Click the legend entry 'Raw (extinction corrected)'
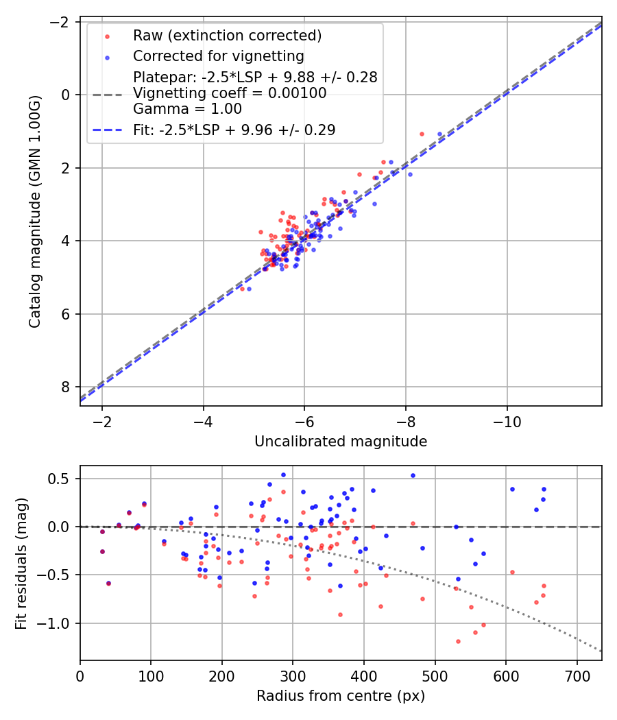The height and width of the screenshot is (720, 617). (227, 36)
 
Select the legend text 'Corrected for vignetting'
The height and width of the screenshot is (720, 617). (219, 56)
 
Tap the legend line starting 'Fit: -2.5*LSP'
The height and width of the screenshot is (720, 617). (234, 130)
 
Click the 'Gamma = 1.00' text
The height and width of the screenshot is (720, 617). (187, 109)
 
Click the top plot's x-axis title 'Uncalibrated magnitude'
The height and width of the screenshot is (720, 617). (341, 442)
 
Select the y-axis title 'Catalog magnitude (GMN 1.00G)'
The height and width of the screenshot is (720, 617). (35, 212)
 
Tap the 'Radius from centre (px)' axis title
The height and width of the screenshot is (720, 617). (341, 696)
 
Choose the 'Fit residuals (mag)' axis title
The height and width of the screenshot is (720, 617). (21, 564)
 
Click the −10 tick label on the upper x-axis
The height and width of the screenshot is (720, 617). (507, 422)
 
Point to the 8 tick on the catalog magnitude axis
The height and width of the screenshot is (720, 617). (65, 387)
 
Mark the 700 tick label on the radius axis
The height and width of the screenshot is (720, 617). (577, 676)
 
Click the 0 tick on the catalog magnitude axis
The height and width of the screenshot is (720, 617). (65, 95)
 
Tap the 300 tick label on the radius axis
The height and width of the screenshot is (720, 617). (293, 676)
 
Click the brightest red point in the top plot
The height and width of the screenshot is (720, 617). (422, 134)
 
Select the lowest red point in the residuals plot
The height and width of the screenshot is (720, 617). (458, 641)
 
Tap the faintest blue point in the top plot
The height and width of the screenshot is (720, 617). (250, 289)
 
